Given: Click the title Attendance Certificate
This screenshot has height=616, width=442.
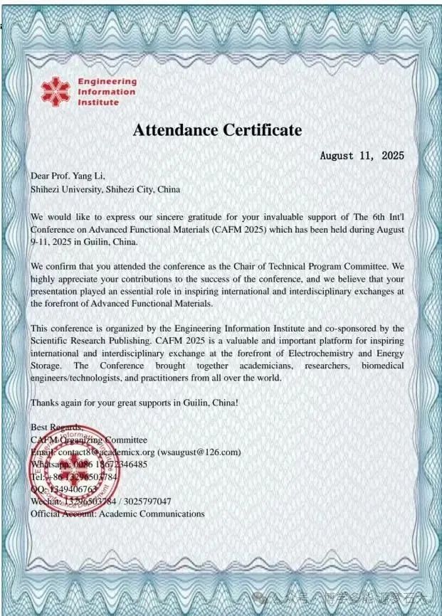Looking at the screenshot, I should pyautogui.click(x=217, y=129).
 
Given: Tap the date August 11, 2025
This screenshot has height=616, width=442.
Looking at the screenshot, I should pyautogui.click(x=362, y=155).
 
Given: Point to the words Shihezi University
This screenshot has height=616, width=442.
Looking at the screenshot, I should pyautogui.click(x=66, y=189).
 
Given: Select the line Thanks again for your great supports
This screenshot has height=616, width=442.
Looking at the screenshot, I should pyautogui.click(x=134, y=403).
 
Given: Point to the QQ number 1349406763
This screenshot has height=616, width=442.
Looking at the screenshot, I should pyautogui.click(x=73, y=489).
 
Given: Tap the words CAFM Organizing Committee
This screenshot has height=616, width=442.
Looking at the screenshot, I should pyautogui.click(x=89, y=440).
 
